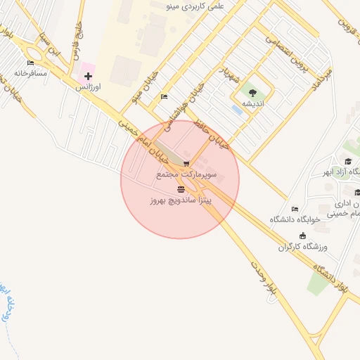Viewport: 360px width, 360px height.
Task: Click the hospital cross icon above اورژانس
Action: pos(88,75)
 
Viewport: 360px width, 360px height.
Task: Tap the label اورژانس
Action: pos(89,86)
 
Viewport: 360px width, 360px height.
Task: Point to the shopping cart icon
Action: pos(186,164)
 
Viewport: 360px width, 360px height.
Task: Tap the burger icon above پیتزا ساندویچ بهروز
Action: pos(181,190)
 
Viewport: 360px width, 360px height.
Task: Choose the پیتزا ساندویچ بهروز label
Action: pos(180,200)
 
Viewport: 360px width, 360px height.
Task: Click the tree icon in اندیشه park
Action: pos(252,92)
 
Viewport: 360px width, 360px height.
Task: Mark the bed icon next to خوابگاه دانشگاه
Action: pos(295,209)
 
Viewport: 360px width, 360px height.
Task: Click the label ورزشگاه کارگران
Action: pos(304,247)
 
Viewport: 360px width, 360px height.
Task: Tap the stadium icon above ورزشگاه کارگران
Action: pos(303,236)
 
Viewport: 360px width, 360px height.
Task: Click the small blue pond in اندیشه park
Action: pos(237,110)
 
